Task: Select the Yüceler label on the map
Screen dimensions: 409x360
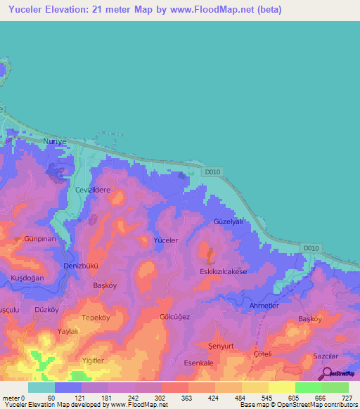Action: coord(166,240)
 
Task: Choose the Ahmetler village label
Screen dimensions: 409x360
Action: coord(264,305)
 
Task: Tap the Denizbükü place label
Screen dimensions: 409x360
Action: coord(81,266)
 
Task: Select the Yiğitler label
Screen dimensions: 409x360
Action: coord(93,360)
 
